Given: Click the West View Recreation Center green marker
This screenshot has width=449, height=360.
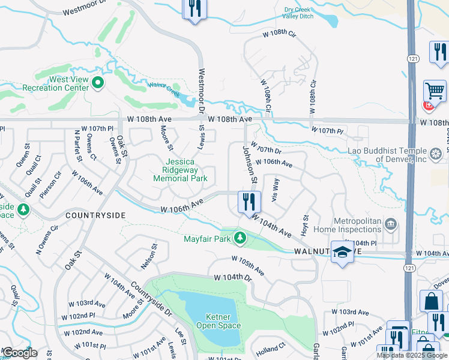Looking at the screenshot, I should coord(98,84).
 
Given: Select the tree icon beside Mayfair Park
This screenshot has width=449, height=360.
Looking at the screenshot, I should coord(240,239).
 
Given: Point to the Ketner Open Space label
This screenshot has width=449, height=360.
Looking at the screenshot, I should coord(218,321).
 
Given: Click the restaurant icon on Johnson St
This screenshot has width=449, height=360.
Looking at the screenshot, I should coord(249,202).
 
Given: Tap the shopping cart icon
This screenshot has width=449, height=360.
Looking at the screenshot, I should coord(435,91).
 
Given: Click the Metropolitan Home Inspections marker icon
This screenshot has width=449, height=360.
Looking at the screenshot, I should coord(391,224).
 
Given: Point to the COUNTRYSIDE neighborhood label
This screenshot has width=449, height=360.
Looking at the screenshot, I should coord(95,215).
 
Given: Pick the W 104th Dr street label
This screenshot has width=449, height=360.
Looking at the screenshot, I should coord(232,278).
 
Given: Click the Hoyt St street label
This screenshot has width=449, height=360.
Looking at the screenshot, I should coord(305,226).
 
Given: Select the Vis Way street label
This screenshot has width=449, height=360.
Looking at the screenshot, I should coord(275,190).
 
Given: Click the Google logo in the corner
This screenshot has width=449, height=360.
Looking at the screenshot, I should coord(20,353).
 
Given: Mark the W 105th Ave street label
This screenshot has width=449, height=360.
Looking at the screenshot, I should coord(248,265).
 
